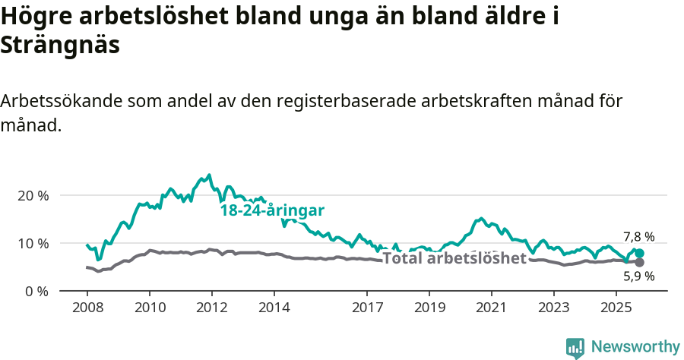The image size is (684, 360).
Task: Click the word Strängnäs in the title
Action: pyautogui.click(x=61, y=45)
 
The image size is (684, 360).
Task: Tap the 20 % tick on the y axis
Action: pyautogui.click(x=33, y=195)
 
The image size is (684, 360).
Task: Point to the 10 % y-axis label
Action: pyautogui.click(x=33, y=243)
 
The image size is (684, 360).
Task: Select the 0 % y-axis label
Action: pyautogui.click(x=36, y=291)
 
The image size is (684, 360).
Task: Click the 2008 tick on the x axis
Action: pyautogui.click(x=87, y=308)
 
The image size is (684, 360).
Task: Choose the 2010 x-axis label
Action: pyautogui.click(x=150, y=308)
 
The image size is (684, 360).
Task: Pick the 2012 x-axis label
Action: pyautogui.click(x=212, y=308)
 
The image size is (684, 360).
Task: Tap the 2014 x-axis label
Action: pyautogui.click(x=274, y=308)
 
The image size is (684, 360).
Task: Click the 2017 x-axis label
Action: pyautogui.click(x=367, y=308)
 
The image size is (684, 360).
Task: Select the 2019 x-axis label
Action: pyautogui.click(x=429, y=308)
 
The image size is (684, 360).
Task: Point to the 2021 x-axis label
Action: pyautogui.click(x=492, y=308)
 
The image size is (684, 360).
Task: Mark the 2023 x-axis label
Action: pyautogui.click(x=554, y=308)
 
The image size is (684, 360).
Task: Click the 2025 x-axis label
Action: pyautogui.click(x=616, y=308)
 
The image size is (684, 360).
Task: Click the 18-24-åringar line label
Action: pyautogui.click(x=272, y=210)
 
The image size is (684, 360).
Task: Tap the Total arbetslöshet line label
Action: pyautogui.click(x=454, y=258)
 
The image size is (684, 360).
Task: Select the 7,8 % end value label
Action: pyautogui.click(x=638, y=237)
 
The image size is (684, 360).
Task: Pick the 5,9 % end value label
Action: pyautogui.click(x=638, y=276)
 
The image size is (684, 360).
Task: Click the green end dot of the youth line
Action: pyautogui.click(x=639, y=253)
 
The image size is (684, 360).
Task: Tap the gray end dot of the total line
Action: pyautogui.click(x=639, y=262)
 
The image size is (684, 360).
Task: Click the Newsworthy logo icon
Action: pyautogui.click(x=575, y=347)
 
